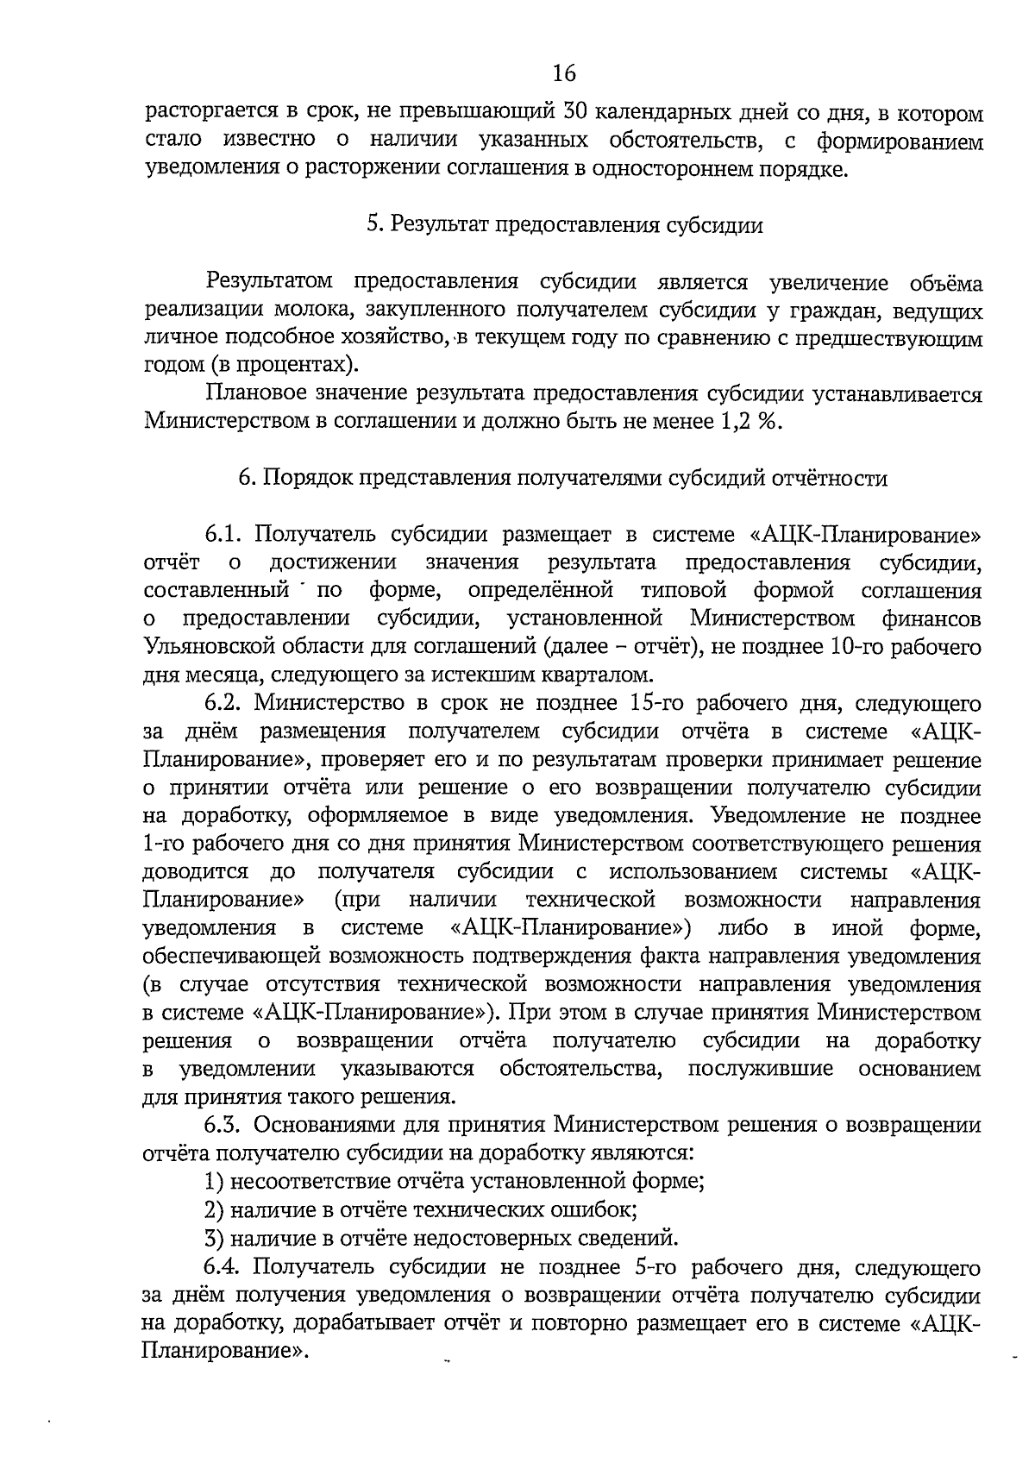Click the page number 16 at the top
pyautogui.click(x=563, y=73)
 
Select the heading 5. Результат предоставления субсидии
pyautogui.click(x=565, y=225)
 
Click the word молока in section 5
pyautogui.click(x=325, y=310)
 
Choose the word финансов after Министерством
pyautogui.click(x=931, y=618)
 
